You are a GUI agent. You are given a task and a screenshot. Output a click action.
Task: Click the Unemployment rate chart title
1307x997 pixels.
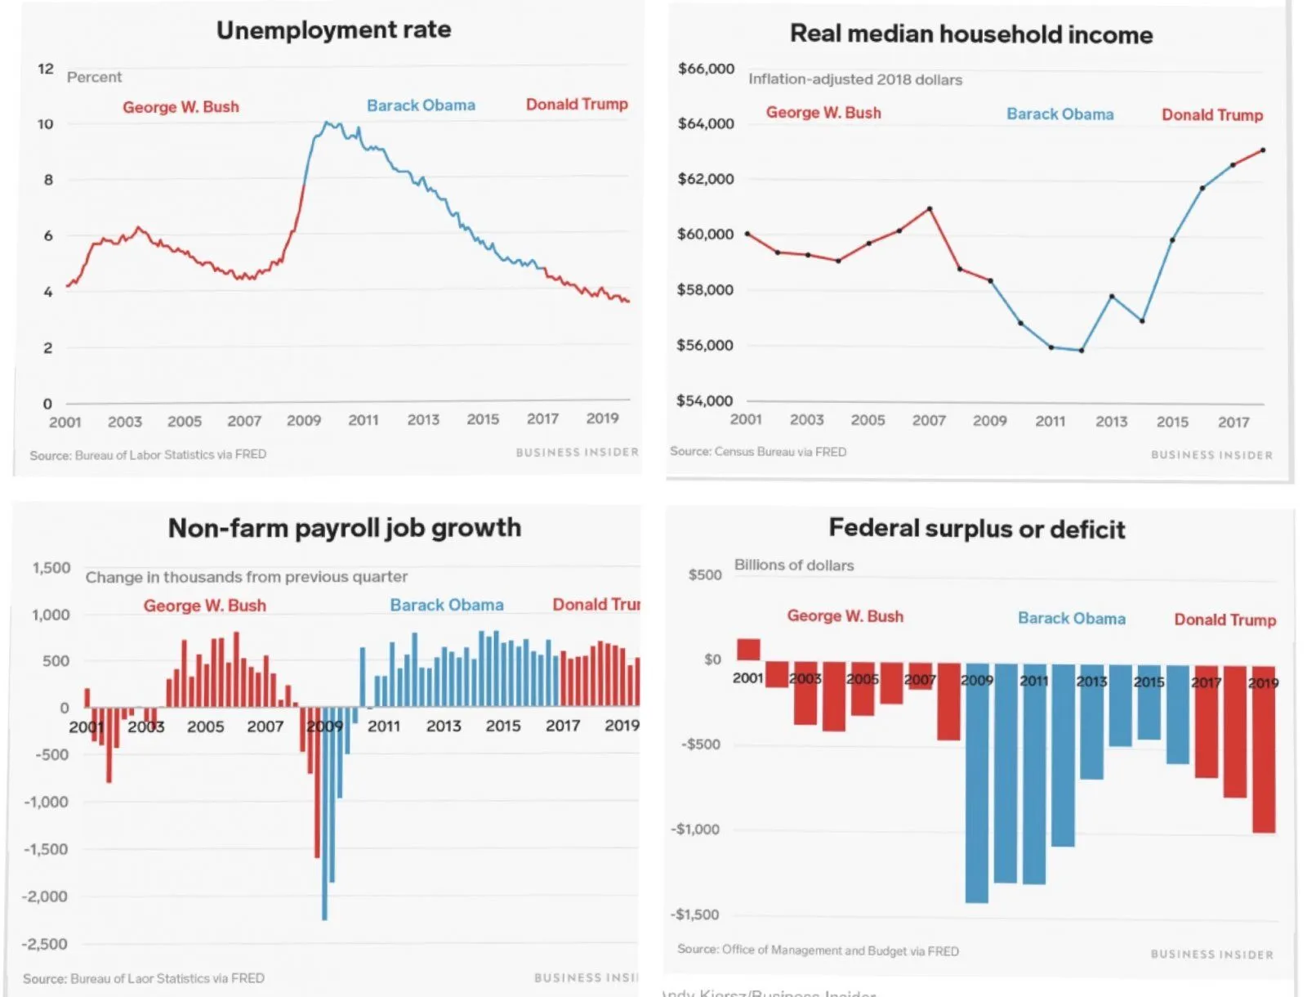[333, 30]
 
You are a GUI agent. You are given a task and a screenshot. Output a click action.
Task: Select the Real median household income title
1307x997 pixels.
[971, 34]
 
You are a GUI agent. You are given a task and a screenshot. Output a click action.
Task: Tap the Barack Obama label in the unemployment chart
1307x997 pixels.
[421, 105]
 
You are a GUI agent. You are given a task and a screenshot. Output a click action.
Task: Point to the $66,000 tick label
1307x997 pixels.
[706, 69]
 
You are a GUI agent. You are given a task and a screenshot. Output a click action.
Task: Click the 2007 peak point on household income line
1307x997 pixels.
[930, 209]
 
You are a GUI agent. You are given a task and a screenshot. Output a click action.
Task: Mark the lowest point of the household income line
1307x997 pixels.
[1082, 351]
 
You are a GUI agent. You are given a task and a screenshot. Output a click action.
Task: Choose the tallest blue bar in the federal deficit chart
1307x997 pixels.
[977, 783]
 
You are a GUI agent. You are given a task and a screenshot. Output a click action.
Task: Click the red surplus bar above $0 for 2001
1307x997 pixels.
[748, 650]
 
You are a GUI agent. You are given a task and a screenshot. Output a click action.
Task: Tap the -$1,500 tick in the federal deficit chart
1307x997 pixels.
[695, 914]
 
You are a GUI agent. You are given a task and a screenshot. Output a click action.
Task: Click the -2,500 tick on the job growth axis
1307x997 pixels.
[45, 944]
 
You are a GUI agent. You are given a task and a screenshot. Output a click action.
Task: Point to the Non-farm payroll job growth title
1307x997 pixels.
[344, 528]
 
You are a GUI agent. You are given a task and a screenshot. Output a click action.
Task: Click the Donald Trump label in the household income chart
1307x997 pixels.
[1212, 115]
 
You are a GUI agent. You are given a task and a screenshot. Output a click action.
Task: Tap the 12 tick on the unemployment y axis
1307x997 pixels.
[46, 69]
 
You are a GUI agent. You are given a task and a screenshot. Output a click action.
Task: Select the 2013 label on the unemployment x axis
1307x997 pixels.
[423, 420]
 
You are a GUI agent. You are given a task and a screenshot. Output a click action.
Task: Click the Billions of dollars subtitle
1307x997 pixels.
[794, 566]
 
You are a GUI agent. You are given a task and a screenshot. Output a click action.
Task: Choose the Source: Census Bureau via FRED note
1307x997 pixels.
[758, 452]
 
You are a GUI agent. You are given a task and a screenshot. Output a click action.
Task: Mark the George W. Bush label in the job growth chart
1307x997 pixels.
[205, 606]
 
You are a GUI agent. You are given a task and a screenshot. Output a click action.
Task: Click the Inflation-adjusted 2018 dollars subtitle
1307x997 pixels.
[855, 80]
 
